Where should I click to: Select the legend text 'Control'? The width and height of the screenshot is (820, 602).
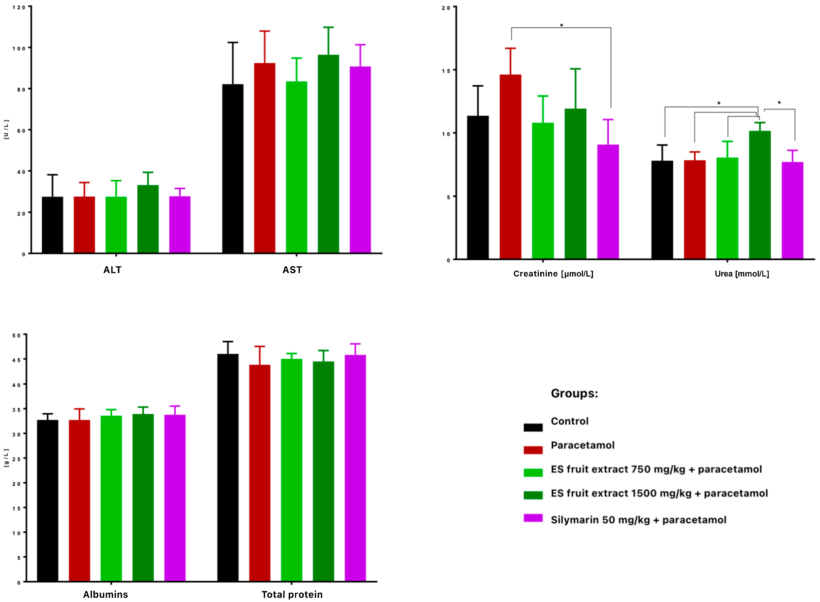[x=569, y=421]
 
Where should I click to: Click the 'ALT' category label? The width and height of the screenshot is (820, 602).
[x=112, y=270]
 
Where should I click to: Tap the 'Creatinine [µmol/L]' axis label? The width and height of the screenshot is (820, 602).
[x=553, y=274]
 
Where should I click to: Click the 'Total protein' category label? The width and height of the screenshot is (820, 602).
[x=292, y=595]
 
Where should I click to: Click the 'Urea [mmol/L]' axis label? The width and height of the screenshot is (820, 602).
[x=742, y=274]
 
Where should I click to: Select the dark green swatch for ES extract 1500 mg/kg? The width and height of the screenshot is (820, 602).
[x=533, y=495]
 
